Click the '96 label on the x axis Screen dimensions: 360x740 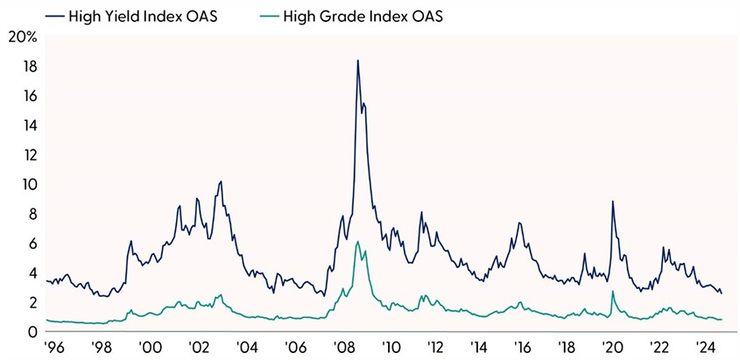tap(53, 346)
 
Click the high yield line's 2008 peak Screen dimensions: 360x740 tap(357, 60)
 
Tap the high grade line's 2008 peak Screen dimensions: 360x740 tap(357, 242)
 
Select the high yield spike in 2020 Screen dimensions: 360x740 tap(612, 201)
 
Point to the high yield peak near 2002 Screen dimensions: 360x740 tap(221, 181)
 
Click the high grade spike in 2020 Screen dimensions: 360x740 tap(612, 292)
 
